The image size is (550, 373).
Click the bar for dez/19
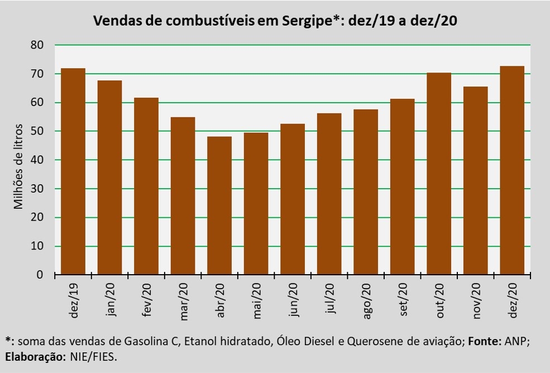(x=73, y=171)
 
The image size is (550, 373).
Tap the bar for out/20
(x=439, y=174)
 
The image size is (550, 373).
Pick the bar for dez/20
(x=512, y=170)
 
